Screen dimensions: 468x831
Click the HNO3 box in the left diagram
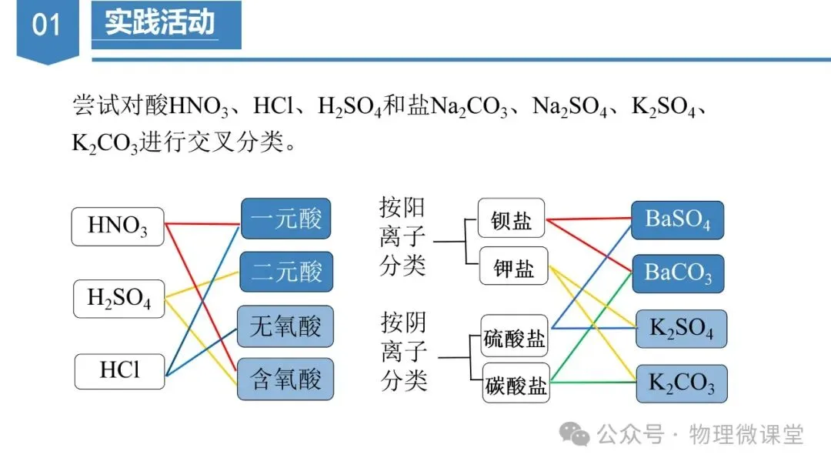tap(118, 226)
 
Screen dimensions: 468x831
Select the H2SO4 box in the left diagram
tap(119, 299)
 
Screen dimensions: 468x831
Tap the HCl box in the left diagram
tap(119, 370)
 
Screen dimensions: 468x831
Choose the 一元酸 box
tap(286, 219)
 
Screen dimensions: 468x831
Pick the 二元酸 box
tap(286, 272)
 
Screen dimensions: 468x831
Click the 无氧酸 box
tap(285, 326)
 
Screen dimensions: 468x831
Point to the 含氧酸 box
tap(285, 379)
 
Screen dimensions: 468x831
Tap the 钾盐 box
tap(513, 268)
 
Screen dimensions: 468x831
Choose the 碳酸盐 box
tap(515, 383)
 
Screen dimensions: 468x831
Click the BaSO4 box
tap(677, 220)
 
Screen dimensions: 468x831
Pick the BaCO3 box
tap(677, 273)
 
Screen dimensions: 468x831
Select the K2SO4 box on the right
tap(681, 329)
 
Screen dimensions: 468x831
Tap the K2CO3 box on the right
tap(681, 383)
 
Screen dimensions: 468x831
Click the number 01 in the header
tap(46, 25)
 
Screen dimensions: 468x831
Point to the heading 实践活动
tap(160, 23)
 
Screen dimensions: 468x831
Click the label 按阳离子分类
tap(402, 236)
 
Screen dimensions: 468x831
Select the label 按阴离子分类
tap(403, 351)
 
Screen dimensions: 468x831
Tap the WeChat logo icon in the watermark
tap(574, 434)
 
